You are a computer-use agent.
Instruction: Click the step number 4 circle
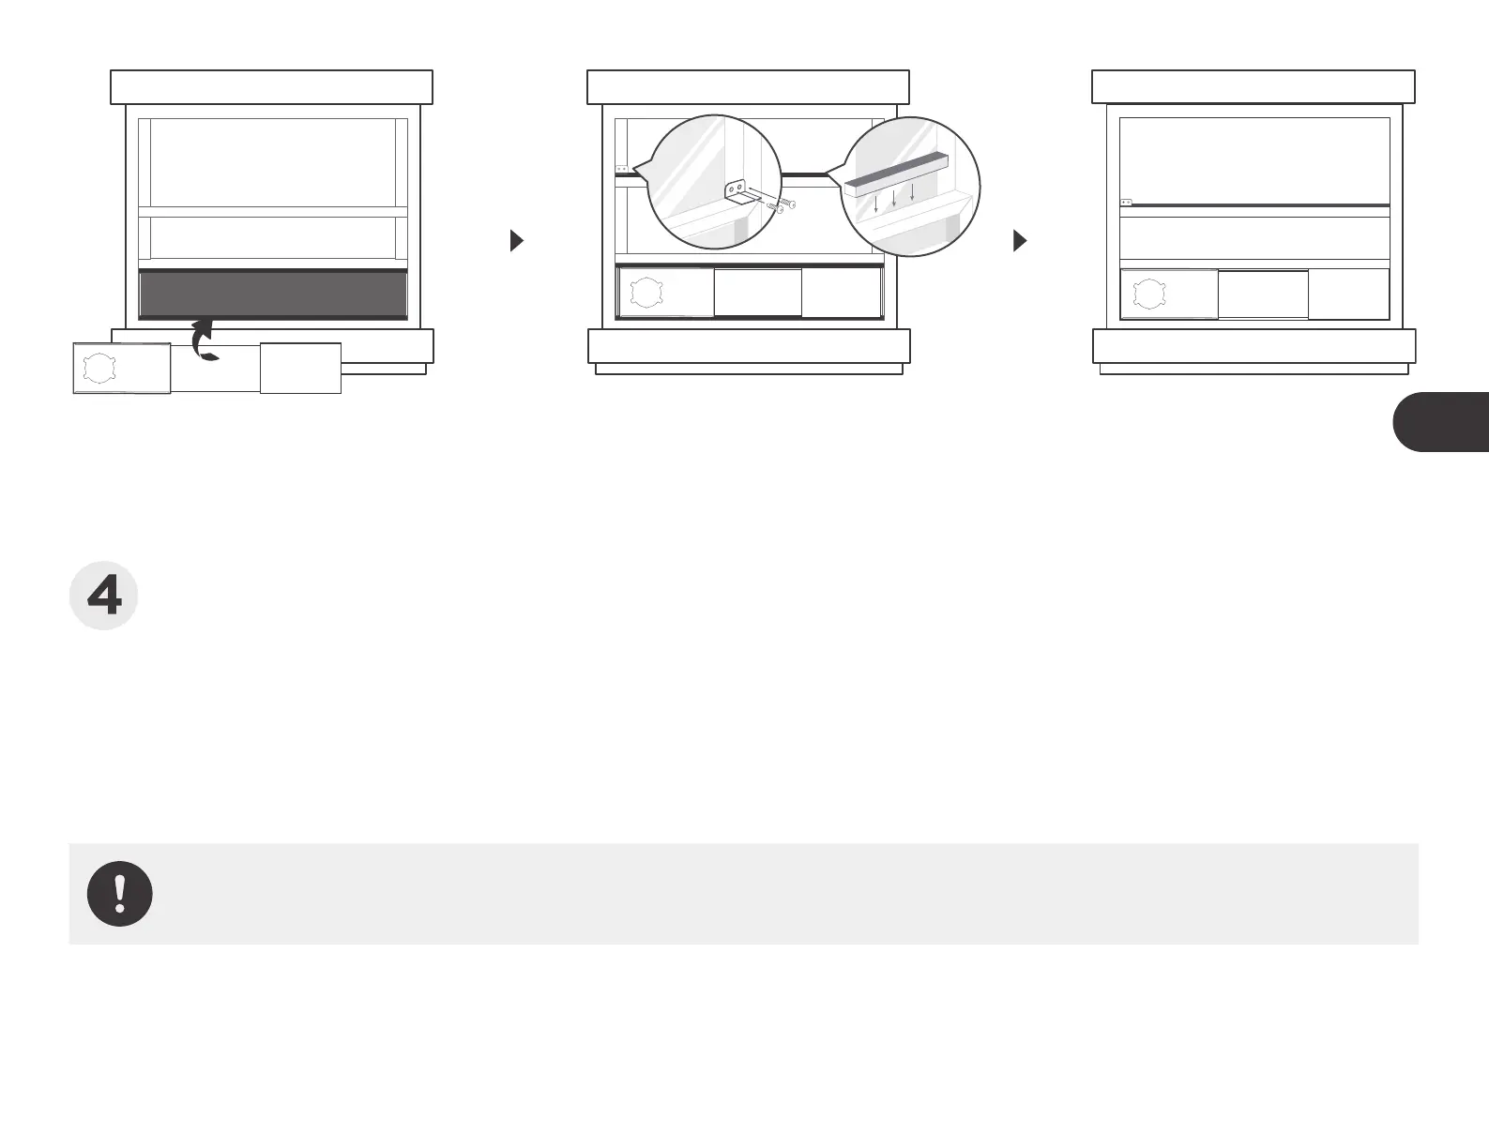(x=104, y=597)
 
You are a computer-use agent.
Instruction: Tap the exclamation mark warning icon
(x=120, y=894)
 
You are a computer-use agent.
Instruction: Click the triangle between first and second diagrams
(x=516, y=241)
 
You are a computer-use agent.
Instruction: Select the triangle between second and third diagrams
(x=1021, y=241)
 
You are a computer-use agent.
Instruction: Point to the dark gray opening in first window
(x=273, y=295)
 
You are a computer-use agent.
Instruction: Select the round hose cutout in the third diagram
(x=1148, y=295)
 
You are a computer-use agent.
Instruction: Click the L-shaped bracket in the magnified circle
(x=738, y=194)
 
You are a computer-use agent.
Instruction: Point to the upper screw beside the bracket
(x=785, y=204)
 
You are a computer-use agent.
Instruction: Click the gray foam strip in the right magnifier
(x=896, y=172)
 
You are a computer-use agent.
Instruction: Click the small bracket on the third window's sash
(x=1127, y=202)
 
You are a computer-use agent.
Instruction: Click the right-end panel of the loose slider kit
(x=300, y=369)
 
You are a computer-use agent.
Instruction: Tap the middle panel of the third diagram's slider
(x=1263, y=295)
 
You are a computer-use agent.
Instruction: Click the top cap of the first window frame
(x=272, y=86)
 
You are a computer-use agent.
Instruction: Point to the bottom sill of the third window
(x=1254, y=346)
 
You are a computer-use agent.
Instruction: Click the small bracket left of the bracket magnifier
(x=621, y=169)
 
